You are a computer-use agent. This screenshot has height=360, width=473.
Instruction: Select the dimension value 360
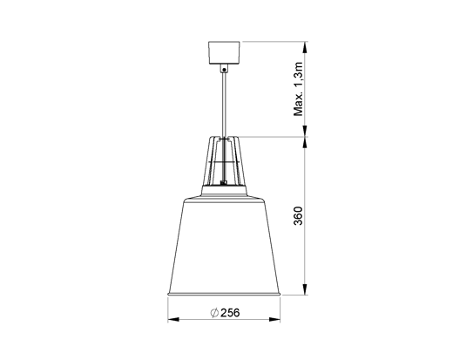click(x=298, y=217)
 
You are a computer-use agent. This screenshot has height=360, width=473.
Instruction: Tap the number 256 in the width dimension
click(x=231, y=314)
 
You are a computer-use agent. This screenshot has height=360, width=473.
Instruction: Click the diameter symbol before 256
click(x=213, y=314)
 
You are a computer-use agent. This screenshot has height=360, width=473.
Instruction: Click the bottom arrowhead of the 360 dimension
click(x=305, y=293)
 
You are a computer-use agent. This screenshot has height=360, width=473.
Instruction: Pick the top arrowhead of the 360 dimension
click(x=305, y=142)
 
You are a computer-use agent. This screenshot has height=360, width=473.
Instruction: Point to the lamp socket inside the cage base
click(x=225, y=183)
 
